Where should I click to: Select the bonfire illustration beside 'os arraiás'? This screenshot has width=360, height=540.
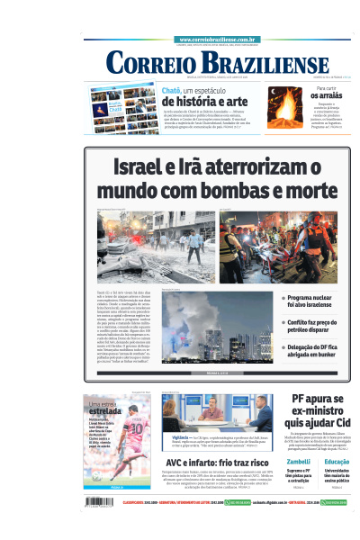(x=284, y=106)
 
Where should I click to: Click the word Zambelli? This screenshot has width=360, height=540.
(x=298, y=461)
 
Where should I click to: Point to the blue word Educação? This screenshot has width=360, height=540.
(x=337, y=461)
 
